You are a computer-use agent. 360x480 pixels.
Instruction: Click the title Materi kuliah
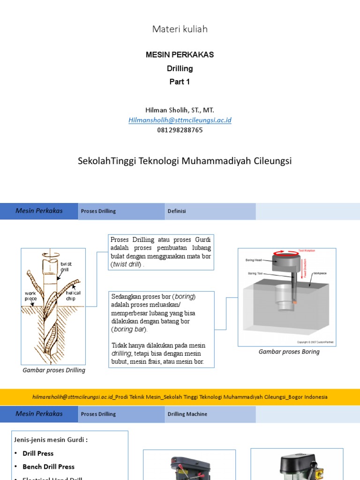click(x=180, y=29)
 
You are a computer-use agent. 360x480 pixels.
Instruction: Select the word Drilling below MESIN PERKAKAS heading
click(x=180, y=68)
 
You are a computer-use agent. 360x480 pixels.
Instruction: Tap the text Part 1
click(x=180, y=82)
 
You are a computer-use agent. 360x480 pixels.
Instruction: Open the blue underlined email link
click(x=180, y=120)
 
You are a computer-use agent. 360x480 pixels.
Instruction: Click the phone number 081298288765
click(x=180, y=130)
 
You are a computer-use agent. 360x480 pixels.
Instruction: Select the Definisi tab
click(x=177, y=211)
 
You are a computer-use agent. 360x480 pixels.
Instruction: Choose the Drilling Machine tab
click(x=187, y=414)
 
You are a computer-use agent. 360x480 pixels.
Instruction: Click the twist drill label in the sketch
click(x=66, y=267)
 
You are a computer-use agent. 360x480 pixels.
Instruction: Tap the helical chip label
click(x=73, y=296)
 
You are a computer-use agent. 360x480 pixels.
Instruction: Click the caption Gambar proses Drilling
click(x=54, y=370)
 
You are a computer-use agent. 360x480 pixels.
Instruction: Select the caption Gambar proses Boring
click(x=289, y=352)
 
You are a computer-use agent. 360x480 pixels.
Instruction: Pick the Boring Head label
click(x=254, y=260)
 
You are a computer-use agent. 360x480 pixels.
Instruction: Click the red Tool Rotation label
click(x=307, y=251)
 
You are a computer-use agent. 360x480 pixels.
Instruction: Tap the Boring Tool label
click(x=256, y=273)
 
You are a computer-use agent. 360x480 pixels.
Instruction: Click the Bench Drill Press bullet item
click(x=49, y=467)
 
